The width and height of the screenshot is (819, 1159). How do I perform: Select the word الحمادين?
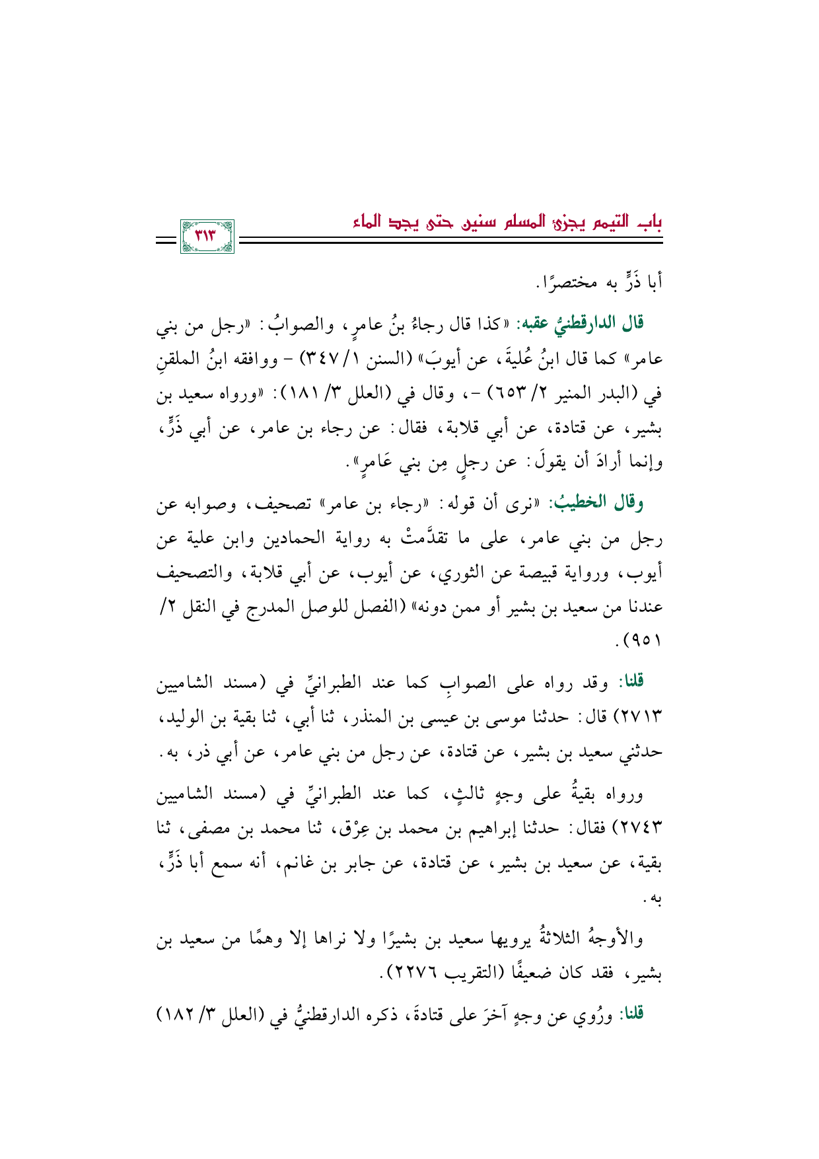click(301, 539)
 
